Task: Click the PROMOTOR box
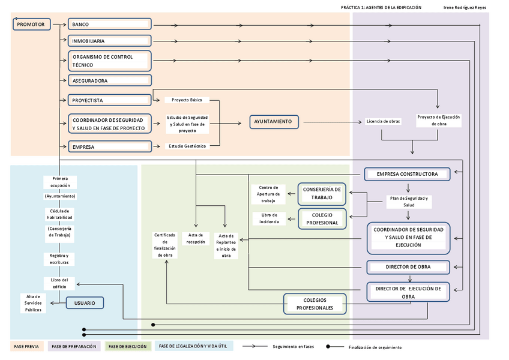click(x=31, y=24)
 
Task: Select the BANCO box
click(x=109, y=24)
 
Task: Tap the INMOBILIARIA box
click(x=109, y=41)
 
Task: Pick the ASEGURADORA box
click(x=109, y=80)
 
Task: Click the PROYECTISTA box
click(x=109, y=100)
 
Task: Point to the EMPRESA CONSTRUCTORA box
click(x=407, y=174)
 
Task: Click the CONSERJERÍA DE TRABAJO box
click(x=322, y=193)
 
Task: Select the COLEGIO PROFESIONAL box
click(x=322, y=218)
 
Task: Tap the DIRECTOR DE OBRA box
click(x=408, y=266)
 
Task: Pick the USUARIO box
click(x=85, y=303)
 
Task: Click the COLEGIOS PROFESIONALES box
click(x=315, y=304)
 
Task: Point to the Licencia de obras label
click(x=383, y=122)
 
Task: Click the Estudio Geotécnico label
click(x=187, y=146)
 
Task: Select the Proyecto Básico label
click(x=187, y=100)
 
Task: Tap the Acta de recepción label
click(x=196, y=238)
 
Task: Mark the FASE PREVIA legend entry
click(x=27, y=347)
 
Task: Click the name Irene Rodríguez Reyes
click(x=464, y=8)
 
